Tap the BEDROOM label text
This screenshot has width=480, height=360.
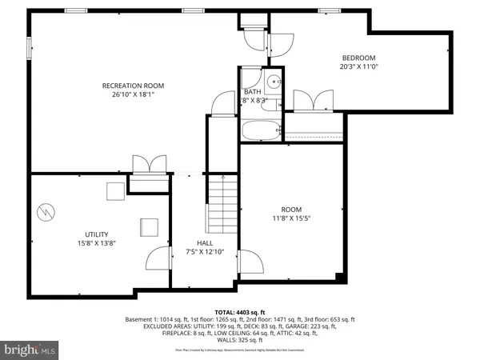(358, 58)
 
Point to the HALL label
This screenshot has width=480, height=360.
(205, 242)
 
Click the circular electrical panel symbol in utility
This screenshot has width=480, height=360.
(46, 213)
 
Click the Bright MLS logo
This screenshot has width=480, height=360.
(30, 350)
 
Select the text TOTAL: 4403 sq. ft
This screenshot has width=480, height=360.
(239, 311)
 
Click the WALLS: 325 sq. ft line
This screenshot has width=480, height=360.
(240, 341)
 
